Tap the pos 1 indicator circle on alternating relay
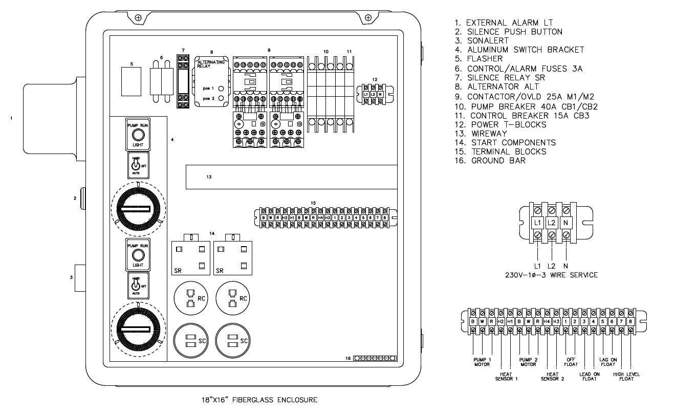pyautogui.click(x=221, y=88)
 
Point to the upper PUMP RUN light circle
pyautogui.click(x=137, y=135)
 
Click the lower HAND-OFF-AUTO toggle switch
pyautogui.click(x=135, y=284)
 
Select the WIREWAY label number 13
pyautogui.click(x=209, y=177)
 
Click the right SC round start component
pyautogui.click(x=231, y=341)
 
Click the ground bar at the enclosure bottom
pyautogui.click(x=375, y=358)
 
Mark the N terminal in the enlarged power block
pyautogui.click(x=565, y=224)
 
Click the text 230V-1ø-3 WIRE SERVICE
pyautogui.click(x=551, y=275)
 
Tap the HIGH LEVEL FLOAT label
pyautogui.click(x=626, y=377)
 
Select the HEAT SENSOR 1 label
pyautogui.click(x=507, y=377)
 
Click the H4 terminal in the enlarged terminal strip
pyautogui.click(x=547, y=321)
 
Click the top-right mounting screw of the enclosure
pyautogui.click(x=368, y=18)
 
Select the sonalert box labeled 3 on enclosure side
pyautogui.click(x=80, y=278)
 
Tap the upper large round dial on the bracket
pyautogui.click(x=138, y=208)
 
